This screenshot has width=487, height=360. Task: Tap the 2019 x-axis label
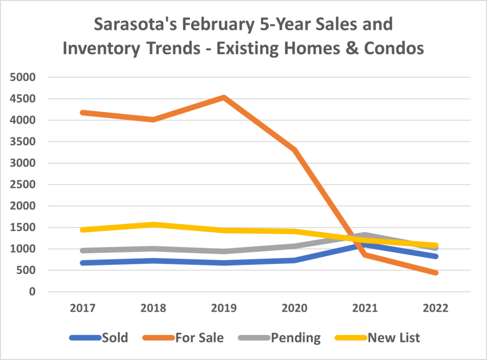pos(224,308)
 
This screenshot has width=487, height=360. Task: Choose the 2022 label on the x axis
pos(435,308)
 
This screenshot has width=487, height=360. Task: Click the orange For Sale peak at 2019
pos(224,97)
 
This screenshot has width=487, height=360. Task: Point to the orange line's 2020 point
pos(294,150)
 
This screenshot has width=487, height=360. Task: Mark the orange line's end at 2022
pos(435,273)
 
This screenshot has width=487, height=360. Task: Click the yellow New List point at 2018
pos(154,224)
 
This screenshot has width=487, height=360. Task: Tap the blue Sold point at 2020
pos(294,260)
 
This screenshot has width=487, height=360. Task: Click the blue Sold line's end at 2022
pos(435,256)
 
